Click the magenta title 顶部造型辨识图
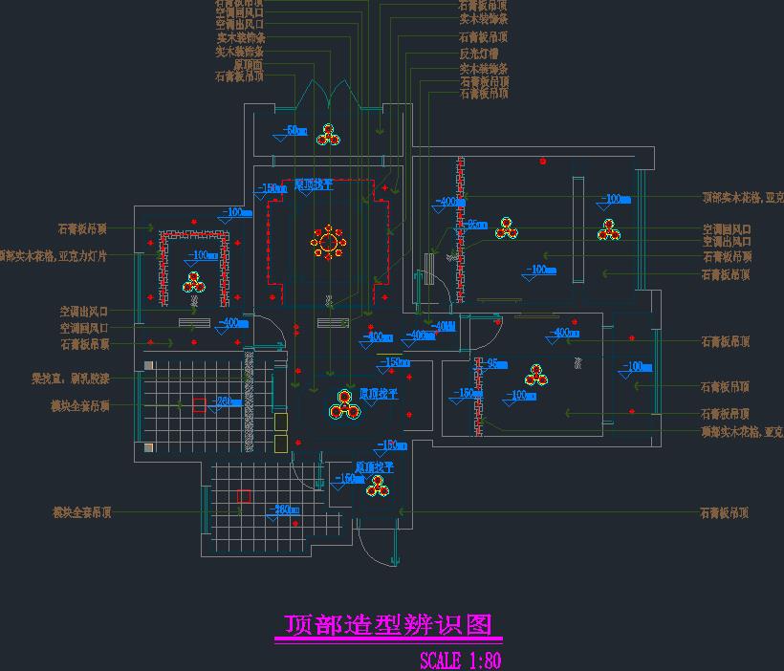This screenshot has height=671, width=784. (x=388, y=625)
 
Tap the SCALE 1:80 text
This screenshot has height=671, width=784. (x=460, y=660)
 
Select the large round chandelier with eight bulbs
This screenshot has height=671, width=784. (x=328, y=243)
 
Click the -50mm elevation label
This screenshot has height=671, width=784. (x=294, y=131)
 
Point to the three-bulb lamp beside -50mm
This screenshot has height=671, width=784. (x=329, y=135)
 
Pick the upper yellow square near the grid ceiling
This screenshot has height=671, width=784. (x=281, y=422)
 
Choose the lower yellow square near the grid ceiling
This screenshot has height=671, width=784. (x=280, y=442)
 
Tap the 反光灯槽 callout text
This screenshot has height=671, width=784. (x=484, y=53)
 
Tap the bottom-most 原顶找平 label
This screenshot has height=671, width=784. (x=375, y=467)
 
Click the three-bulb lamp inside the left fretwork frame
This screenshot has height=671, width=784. (x=194, y=282)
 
